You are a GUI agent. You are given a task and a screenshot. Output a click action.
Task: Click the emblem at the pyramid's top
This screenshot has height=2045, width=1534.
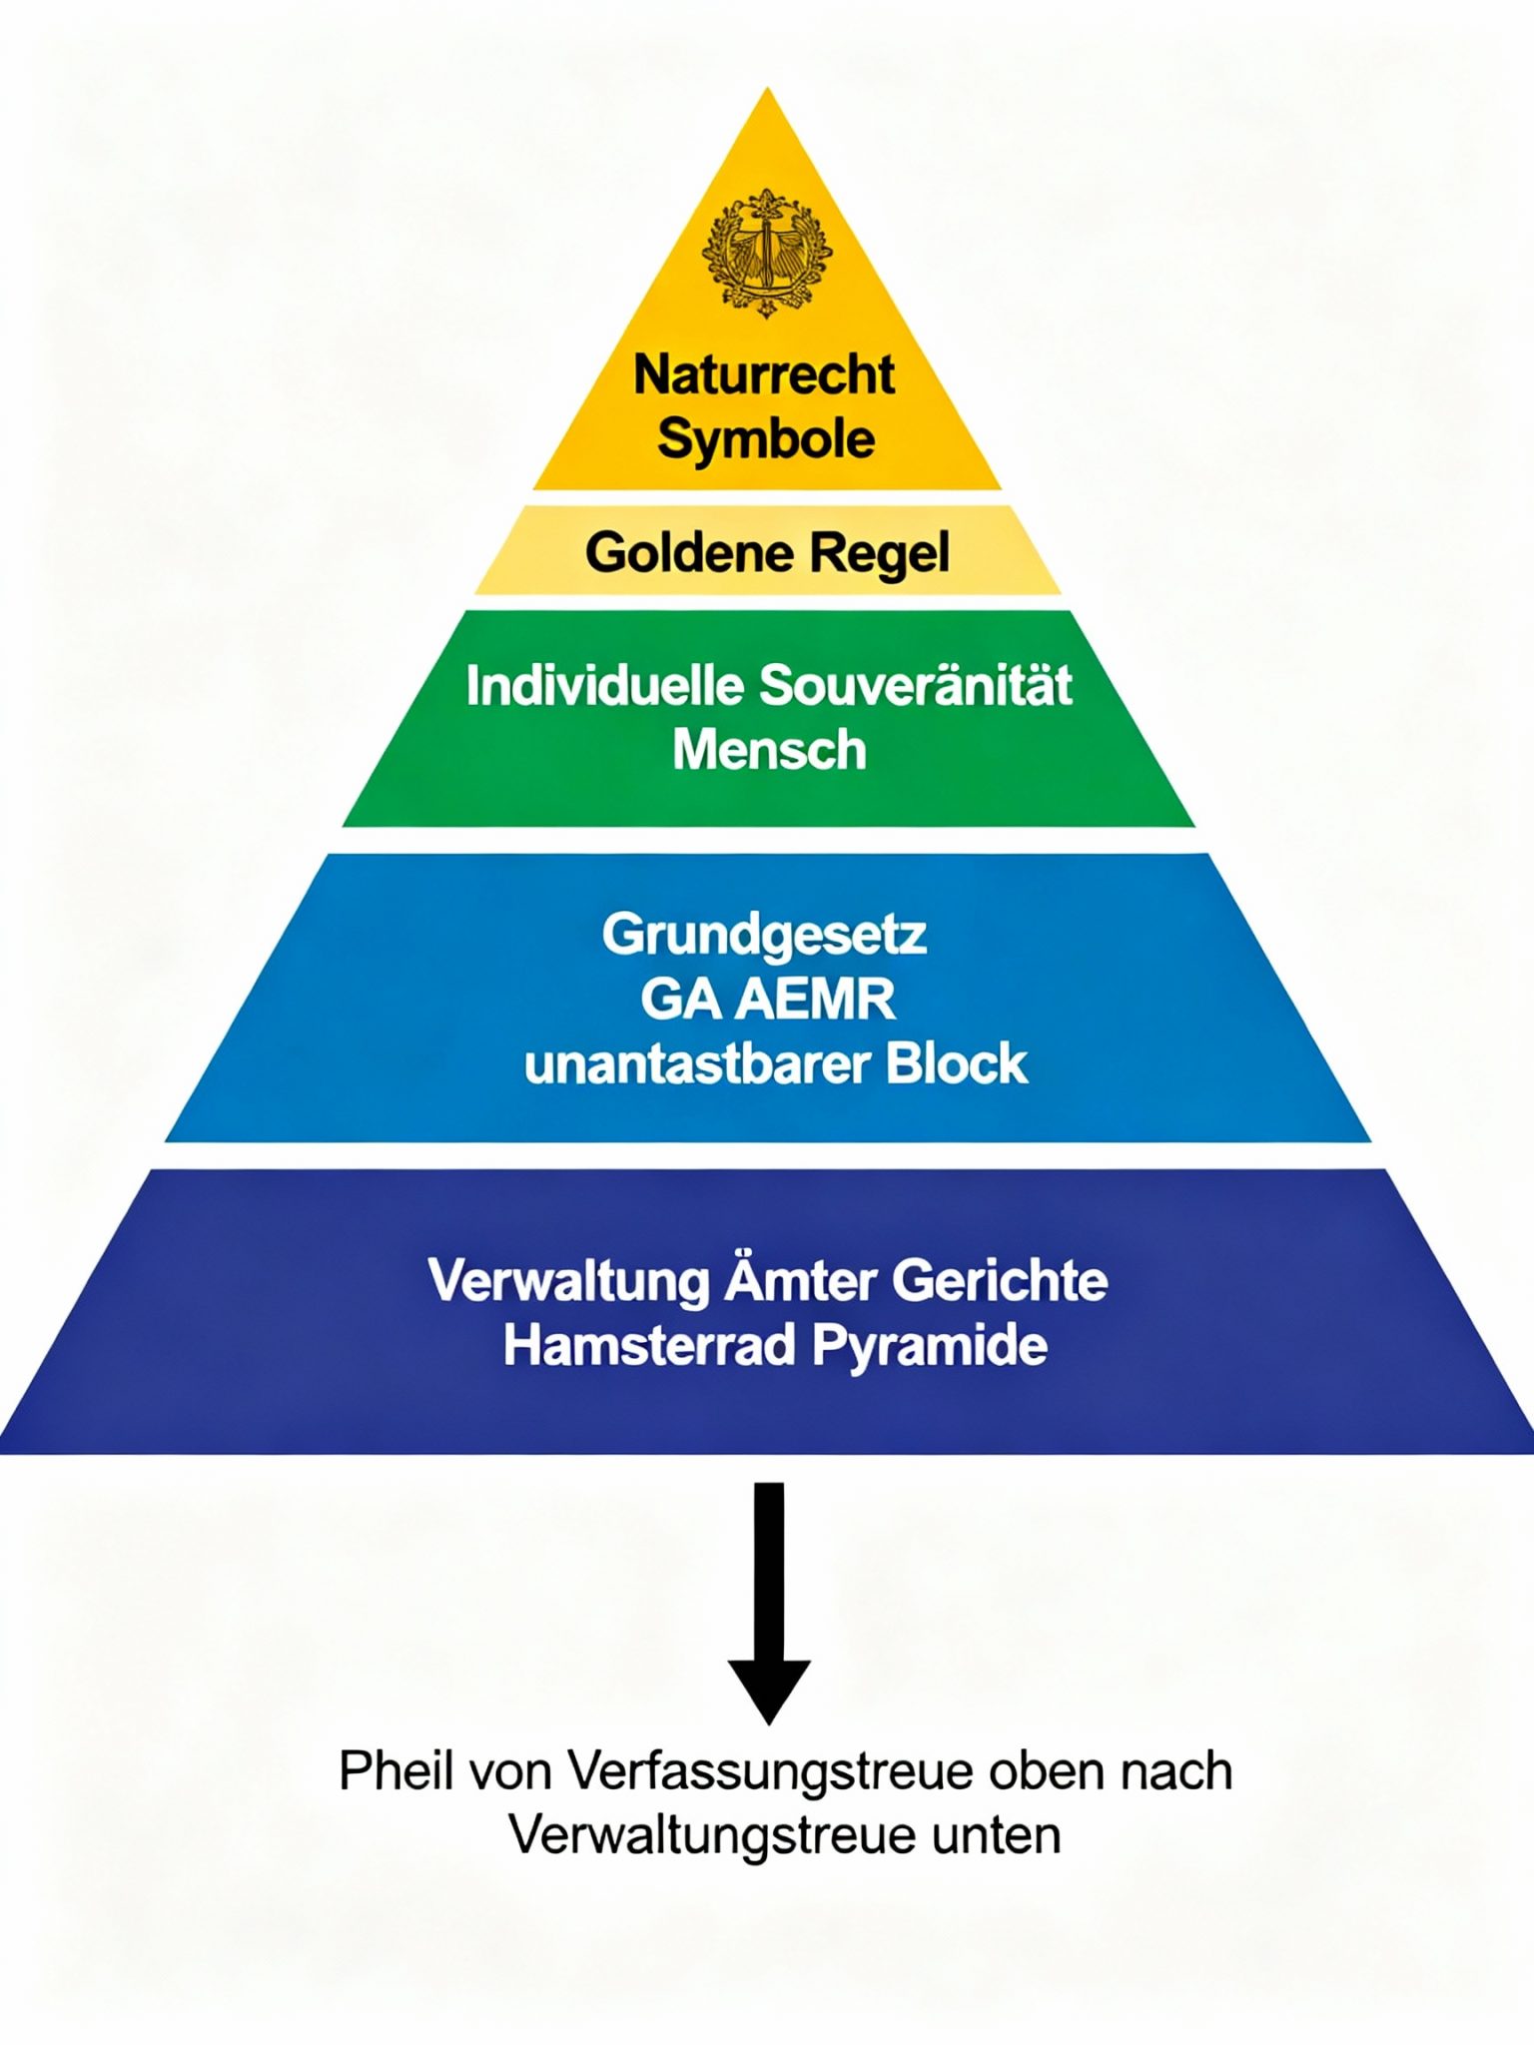click(767, 253)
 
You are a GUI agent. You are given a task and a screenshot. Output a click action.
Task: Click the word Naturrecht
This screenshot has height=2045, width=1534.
click(765, 374)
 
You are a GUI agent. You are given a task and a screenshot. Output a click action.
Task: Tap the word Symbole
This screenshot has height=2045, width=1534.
click(766, 439)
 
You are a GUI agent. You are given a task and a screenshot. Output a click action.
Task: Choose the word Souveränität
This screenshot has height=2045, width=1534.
click(916, 687)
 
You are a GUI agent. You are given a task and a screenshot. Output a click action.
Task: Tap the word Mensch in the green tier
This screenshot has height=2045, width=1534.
click(769, 750)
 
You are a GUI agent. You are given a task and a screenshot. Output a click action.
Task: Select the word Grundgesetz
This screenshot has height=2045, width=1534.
click(765, 936)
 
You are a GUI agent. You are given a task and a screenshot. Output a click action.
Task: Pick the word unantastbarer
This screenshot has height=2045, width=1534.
click(697, 1064)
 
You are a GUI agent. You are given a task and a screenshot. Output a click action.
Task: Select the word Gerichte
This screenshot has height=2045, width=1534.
click(1000, 1281)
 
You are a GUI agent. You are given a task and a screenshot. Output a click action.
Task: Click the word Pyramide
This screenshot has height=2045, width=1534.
click(930, 1347)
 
